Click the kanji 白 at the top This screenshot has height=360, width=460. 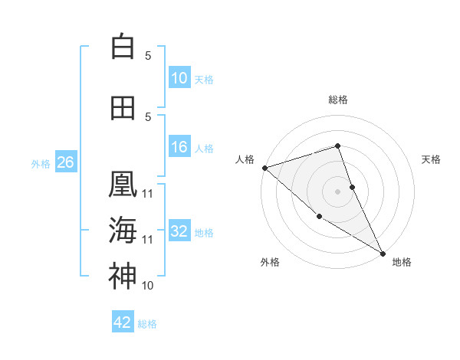[123, 47]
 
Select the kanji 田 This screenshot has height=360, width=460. [123, 108]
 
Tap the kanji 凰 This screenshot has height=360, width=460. [123, 185]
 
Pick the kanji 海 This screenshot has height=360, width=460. [123, 231]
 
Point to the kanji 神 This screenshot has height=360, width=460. [123, 277]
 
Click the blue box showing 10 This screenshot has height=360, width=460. [179, 78]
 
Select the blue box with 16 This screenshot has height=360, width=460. [179, 147]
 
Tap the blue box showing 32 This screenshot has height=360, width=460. [179, 231]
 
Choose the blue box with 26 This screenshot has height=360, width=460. [65, 162]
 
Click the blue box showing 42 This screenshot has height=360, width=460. [123, 322]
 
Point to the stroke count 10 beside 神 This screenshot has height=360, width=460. [148, 286]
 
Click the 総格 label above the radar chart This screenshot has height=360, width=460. [338, 100]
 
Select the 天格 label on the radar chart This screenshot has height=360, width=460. [432, 159]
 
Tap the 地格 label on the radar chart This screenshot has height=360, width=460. [402, 262]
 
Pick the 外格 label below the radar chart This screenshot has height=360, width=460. [270, 262]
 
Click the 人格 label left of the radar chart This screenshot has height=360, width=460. [245, 159]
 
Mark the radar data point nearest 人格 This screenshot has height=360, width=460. [264, 168]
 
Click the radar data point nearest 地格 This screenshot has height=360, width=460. [383, 253]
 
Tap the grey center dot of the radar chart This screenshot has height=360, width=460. [338, 191]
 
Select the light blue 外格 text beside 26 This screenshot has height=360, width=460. [41, 163]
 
